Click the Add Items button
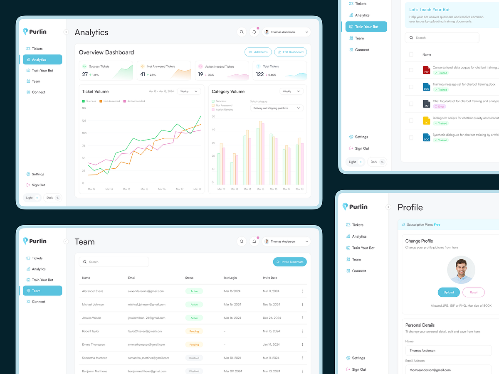258,52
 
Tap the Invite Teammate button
290,262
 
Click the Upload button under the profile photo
449,292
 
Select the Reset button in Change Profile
473,292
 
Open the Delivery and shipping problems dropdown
277,108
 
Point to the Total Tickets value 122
260,74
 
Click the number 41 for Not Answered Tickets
143,74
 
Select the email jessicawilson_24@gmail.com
146,318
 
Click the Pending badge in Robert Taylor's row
194,331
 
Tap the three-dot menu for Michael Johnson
302,305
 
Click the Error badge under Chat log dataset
440,106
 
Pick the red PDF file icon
426,70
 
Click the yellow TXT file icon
426,121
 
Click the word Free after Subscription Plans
437,225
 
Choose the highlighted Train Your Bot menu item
366,27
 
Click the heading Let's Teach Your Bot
429,10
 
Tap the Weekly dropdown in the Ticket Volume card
189,91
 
